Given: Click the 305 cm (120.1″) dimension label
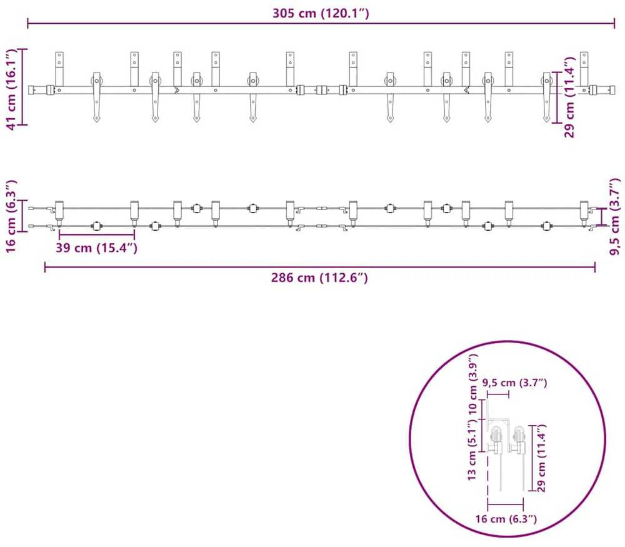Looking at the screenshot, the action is [x=321, y=13].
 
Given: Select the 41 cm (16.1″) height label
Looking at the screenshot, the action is [x=11, y=89].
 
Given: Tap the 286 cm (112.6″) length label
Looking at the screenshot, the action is [x=319, y=278].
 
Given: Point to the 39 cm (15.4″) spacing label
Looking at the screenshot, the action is [x=96, y=248].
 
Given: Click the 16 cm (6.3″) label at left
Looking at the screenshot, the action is [x=11, y=216].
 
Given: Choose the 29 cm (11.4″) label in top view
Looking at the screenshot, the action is [x=570, y=97].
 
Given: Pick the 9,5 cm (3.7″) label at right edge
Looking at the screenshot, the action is [x=616, y=216].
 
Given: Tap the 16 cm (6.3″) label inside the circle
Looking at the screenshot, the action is [x=506, y=519].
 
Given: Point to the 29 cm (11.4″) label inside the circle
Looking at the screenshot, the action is [x=541, y=458].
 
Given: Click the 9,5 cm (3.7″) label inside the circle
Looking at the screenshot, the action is [x=514, y=383].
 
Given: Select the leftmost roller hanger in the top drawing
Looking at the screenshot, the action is [x=97, y=97].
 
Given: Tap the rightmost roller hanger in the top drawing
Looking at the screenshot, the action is [x=547, y=97].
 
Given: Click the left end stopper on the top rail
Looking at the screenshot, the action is [x=50, y=90].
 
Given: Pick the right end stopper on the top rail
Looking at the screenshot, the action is [x=594, y=90].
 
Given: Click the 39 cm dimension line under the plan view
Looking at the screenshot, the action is [x=96, y=234].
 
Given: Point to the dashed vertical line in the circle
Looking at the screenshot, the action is [x=487, y=479].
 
